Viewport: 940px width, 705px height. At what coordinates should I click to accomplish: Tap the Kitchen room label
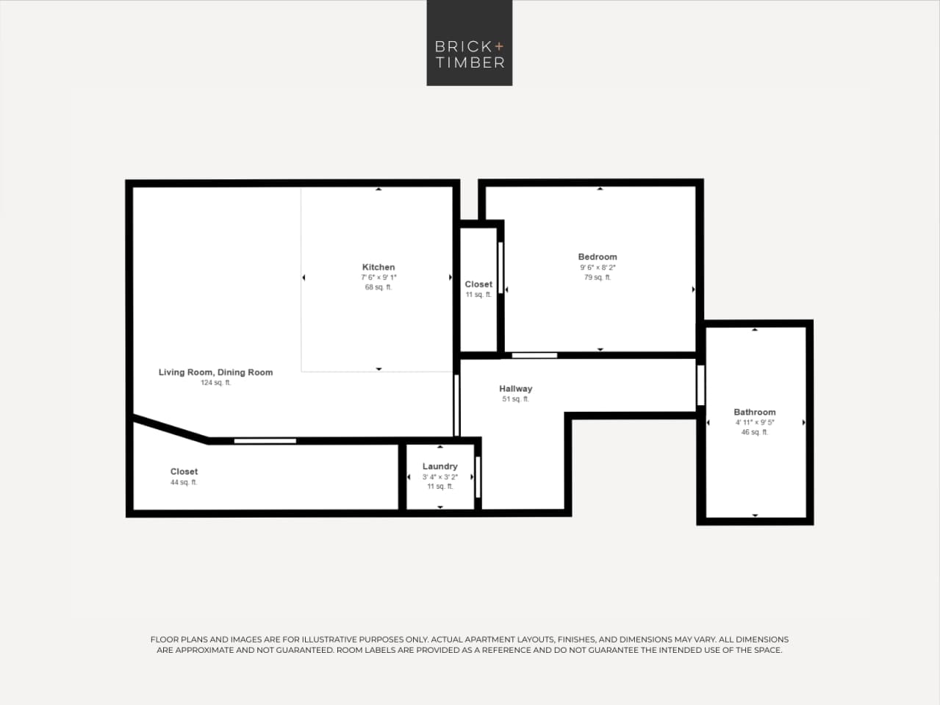click(x=378, y=267)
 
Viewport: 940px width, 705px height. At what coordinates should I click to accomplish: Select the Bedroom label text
click(x=598, y=257)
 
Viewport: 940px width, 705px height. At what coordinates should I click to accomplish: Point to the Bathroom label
click(x=754, y=412)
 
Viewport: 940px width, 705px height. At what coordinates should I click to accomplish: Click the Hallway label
click(x=515, y=388)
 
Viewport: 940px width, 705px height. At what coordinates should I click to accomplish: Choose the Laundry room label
click(x=439, y=466)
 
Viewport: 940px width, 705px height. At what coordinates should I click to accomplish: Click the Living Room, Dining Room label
click(x=215, y=372)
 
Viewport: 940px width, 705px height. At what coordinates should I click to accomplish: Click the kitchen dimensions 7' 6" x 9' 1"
click(x=378, y=277)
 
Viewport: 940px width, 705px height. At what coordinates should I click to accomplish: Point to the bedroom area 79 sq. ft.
click(x=598, y=277)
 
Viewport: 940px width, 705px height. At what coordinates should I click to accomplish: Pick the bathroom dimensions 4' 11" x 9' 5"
click(x=755, y=422)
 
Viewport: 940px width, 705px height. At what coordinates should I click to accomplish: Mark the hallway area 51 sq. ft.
click(x=515, y=399)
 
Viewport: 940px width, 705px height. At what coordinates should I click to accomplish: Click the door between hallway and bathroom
click(x=700, y=384)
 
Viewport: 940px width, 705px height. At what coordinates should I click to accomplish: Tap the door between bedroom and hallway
click(x=534, y=356)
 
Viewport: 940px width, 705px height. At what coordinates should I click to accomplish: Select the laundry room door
click(x=478, y=476)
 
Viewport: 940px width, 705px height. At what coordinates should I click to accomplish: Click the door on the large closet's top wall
click(x=265, y=440)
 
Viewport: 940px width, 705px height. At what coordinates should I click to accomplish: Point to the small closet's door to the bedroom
click(x=501, y=268)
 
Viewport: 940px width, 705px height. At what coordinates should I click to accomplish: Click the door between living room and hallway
click(x=456, y=404)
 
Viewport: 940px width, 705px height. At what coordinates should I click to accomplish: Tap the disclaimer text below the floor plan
click(x=469, y=645)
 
